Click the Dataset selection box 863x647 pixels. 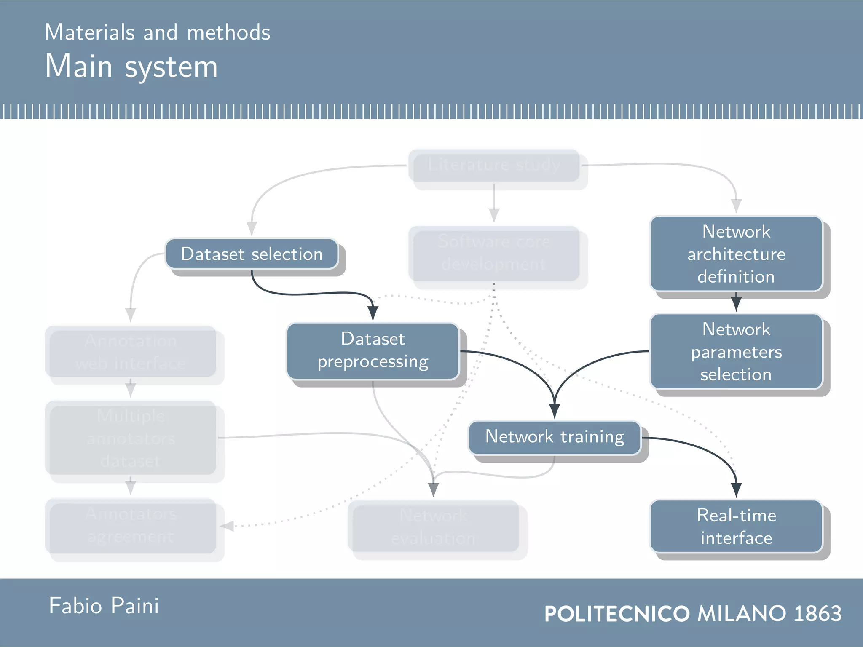[252, 254]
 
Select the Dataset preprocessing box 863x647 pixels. [373, 351]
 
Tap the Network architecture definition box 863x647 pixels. [736, 254]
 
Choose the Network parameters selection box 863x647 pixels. [736, 351]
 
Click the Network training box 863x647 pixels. [555, 437]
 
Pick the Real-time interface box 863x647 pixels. [736, 526]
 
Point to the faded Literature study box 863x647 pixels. [494, 165]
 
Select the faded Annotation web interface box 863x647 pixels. [131, 352]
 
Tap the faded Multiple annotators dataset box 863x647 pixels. [131, 438]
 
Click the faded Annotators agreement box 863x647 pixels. [131, 526]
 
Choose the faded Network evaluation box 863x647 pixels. [433, 527]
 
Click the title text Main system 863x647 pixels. [131, 67]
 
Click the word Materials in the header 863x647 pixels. [89, 33]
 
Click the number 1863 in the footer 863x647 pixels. [817, 613]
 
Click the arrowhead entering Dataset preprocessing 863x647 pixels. [373, 313]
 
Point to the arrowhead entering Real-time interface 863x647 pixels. [736, 490]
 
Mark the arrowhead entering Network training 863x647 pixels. [555, 411]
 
